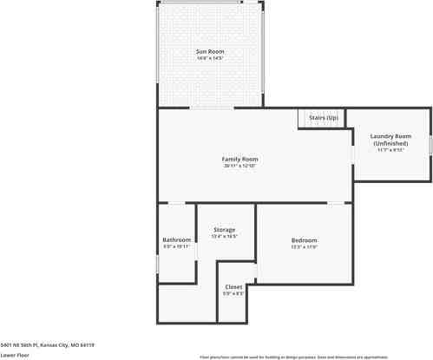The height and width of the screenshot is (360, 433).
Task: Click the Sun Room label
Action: (210, 52)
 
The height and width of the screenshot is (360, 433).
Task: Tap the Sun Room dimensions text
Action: (210, 59)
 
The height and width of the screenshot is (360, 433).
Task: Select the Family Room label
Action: (240, 159)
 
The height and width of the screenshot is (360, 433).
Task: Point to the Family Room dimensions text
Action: (240, 166)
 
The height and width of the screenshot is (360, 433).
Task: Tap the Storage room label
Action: (225, 229)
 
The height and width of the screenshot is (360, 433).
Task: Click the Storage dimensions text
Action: (225, 236)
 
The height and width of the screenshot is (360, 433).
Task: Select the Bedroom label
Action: (304, 240)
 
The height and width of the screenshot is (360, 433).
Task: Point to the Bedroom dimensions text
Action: (304, 247)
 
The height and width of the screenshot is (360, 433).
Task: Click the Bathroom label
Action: (176, 239)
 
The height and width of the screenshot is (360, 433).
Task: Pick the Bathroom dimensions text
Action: (176, 247)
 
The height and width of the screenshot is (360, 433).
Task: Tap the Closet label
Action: (233, 286)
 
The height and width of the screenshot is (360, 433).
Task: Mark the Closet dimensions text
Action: (233, 293)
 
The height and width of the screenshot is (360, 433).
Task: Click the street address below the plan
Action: (47, 344)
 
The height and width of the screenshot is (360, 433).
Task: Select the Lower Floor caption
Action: (15, 355)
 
